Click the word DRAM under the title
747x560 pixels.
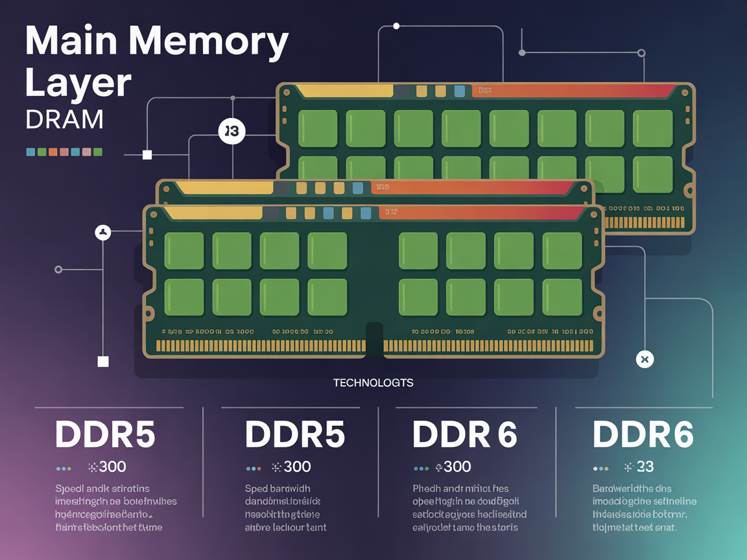(64, 120)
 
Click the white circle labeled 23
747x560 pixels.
(231, 132)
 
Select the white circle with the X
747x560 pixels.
(644, 359)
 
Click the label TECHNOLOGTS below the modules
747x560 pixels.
(373, 382)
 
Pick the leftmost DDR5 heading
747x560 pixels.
(105, 434)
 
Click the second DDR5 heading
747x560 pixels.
(295, 434)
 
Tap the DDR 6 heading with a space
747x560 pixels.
(464, 434)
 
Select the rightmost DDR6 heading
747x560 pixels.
(643, 434)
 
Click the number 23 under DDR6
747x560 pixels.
(645, 467)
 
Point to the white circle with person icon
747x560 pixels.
(103, 232)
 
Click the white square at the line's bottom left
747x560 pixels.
(103, 362)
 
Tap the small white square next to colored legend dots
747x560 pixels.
(147, 155)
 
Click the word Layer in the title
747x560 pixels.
(78, 83)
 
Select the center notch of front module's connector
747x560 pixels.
(375, 338)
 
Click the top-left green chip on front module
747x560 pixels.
(184, 251)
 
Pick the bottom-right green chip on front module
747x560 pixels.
(562, 297)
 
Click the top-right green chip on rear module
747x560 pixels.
(653, 128)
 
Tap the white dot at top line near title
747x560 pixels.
(396, 26)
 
